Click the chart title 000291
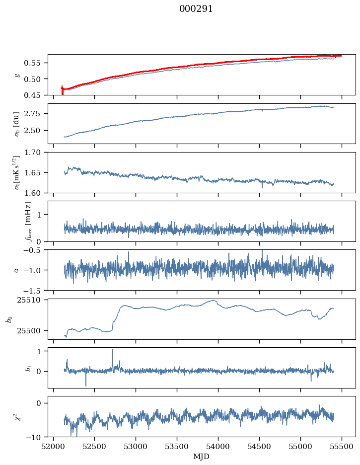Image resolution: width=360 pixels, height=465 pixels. pos(196,9)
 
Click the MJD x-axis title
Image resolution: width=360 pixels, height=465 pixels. pos(201,457)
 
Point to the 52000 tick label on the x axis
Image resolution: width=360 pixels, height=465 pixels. pos(54,447)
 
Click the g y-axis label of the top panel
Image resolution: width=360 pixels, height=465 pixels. pos(18,75)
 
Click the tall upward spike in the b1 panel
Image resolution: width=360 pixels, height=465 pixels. pos(112,351)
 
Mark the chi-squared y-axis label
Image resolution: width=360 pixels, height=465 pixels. pos(16,416)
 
